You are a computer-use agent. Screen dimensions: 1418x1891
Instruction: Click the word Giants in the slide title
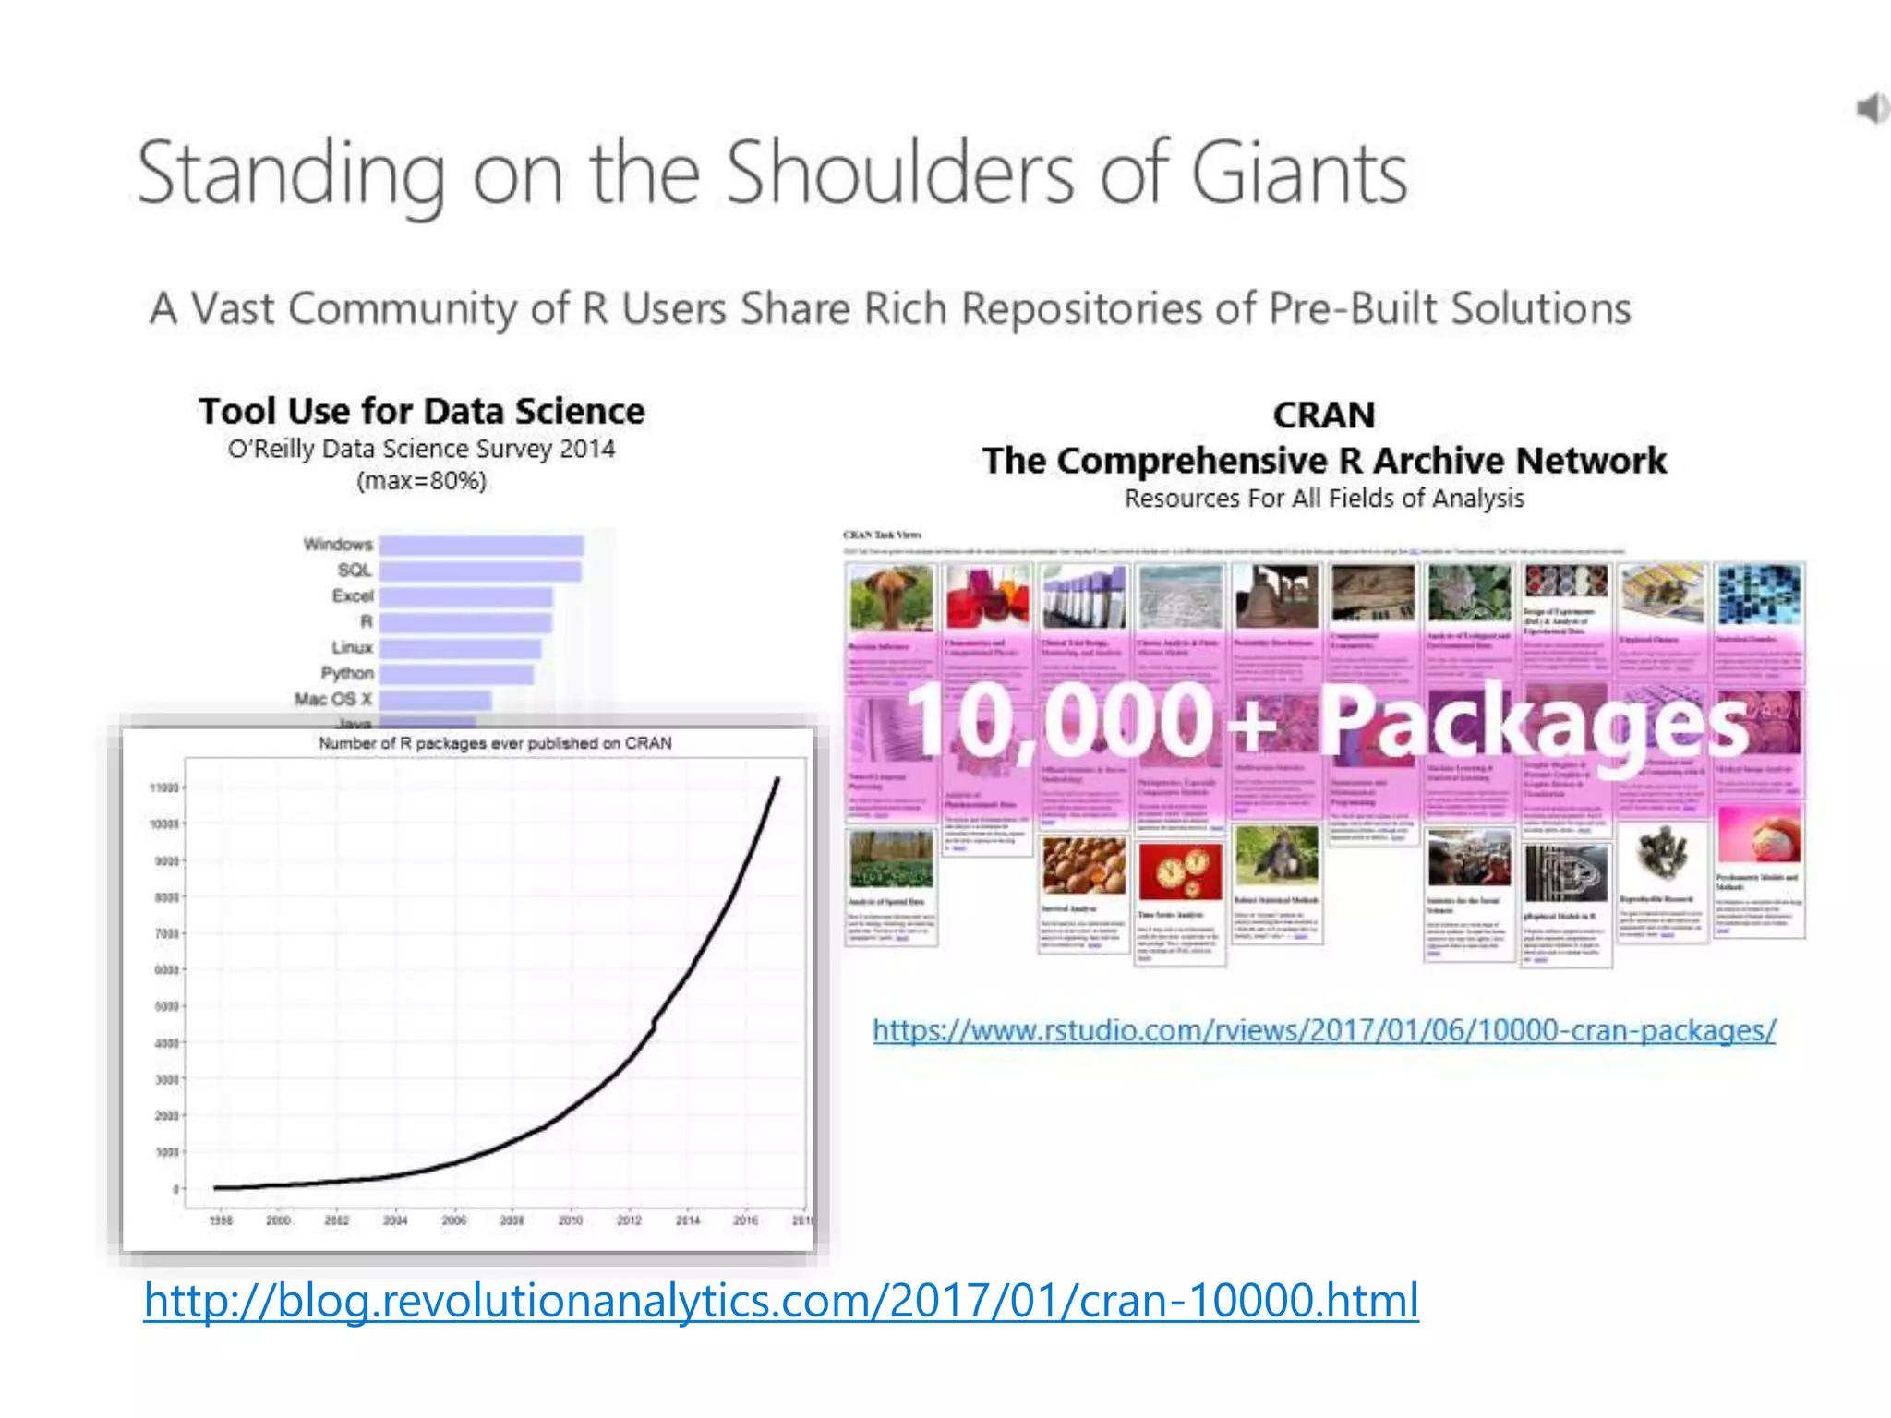point(1299,173)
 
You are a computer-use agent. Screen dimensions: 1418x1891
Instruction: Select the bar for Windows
point(481,546)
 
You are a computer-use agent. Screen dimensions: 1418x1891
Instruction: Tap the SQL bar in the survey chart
point(480,571)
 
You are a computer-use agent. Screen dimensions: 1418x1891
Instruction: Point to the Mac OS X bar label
point(333,699)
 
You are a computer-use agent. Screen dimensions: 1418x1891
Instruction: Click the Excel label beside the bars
point(353,595)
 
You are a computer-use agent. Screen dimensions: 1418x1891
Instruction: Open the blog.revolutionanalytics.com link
point(781,1301)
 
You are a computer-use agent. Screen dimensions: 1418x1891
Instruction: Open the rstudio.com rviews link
point(1324,1029)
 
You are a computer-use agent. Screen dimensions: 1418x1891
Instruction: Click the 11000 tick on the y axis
point(163,787)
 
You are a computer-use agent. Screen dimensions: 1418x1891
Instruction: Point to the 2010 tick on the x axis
point(570,1220)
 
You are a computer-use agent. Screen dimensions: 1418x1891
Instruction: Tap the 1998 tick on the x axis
point(221,1220)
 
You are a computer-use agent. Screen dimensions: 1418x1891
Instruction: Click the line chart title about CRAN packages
point(495,743)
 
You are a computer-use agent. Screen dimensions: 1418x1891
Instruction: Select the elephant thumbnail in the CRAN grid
point(890,597)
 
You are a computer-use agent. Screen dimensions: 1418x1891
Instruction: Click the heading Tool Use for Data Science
point(422,411)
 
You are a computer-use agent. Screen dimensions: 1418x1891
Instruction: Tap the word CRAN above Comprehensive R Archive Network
point(1324,415)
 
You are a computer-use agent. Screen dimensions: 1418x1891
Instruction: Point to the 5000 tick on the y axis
point(166,1006)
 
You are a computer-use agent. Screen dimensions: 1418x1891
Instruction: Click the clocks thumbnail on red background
point(1180,871)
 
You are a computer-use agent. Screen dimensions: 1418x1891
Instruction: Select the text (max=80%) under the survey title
point(422,481)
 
